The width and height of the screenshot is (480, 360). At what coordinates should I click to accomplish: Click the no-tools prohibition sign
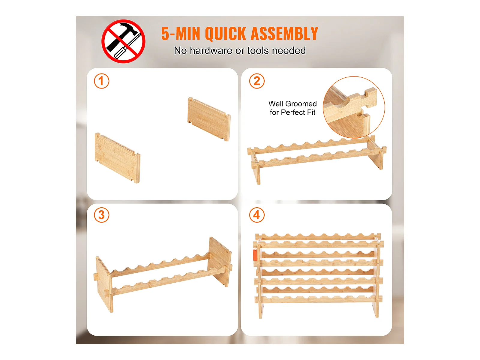pos(123,41)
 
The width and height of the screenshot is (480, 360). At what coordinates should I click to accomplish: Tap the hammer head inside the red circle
pos(129,29)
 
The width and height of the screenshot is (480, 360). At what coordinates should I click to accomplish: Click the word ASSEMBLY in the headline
pos(284,34)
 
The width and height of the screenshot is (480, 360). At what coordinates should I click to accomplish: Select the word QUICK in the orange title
pos(225,34)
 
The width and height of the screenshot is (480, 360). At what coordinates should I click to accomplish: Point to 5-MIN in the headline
pos(181,34)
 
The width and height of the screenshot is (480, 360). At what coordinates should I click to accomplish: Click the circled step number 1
pos(101,81)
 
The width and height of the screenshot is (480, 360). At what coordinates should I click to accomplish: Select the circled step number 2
pos(257,81)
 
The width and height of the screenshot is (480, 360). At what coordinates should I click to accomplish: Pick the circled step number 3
pos(101,215)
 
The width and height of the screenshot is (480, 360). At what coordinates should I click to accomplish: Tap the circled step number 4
pos(257,215)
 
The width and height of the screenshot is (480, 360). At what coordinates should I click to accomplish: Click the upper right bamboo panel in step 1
pos(209,119)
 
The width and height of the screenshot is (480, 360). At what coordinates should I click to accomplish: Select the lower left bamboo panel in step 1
pos(117,158)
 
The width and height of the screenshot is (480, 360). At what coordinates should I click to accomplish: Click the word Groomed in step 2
pos(301,104)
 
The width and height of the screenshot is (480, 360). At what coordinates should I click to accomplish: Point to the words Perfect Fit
pos(298,112)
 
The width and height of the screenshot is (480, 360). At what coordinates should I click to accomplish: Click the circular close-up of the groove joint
pos(354,107)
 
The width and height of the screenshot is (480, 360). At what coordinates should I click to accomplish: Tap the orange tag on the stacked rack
pos(255,255)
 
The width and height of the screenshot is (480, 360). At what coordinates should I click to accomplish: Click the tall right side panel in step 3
pos(220,262)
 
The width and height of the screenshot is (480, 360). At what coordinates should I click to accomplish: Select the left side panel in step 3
pos(104,285)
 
